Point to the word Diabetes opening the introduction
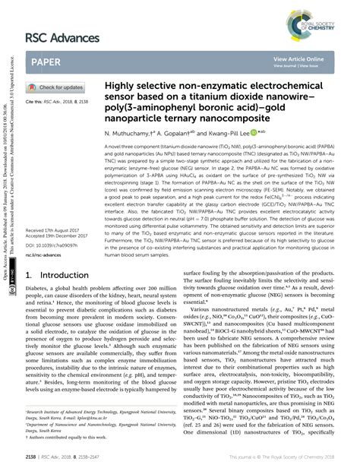click(39, 310)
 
